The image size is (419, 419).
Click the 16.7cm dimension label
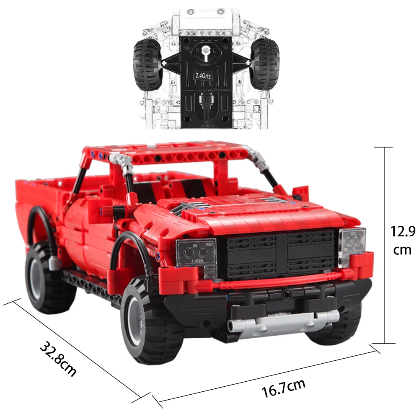(284, 388)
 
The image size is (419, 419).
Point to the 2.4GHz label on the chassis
(203, 76)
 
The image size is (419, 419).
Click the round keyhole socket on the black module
(205, 52)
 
